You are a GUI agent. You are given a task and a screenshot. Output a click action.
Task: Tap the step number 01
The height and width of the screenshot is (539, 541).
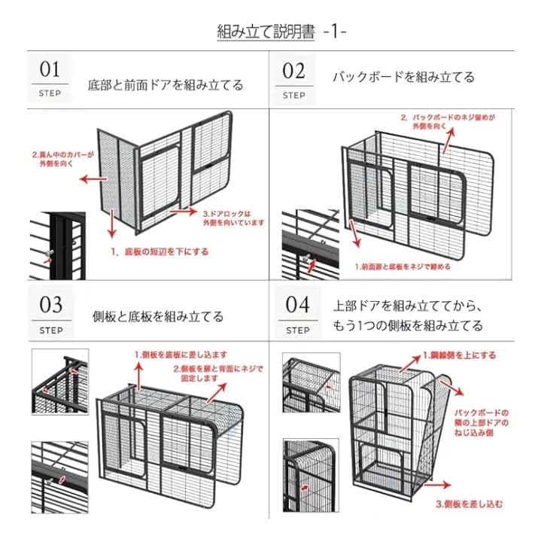pos(50,70)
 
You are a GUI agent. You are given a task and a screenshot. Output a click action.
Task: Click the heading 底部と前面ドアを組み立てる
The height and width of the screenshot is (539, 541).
pos(166,85)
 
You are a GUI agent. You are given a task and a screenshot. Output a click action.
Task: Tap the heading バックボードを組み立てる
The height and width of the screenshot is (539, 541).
pos(403,78)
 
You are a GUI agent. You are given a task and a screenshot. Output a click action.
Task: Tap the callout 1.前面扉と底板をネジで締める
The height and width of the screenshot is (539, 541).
pos(403,266)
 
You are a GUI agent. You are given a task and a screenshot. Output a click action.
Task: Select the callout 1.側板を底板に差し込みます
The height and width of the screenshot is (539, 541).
pos(181,354)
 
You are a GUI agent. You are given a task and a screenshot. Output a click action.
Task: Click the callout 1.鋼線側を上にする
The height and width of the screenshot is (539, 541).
pos(458,354)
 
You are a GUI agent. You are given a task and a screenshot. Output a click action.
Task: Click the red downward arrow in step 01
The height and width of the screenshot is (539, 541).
pos(111,224)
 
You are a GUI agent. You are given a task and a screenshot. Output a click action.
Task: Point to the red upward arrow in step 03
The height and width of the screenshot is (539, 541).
pos(138,370)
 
